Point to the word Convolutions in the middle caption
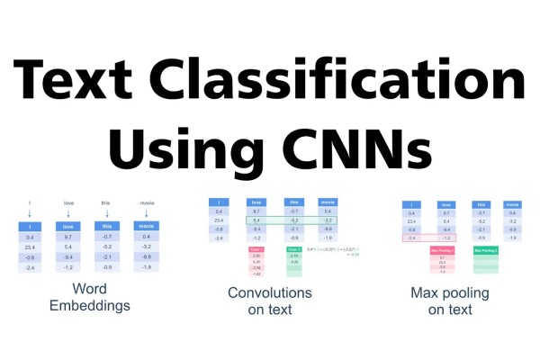click(269, 292)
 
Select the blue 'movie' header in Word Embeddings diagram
click(145, 226)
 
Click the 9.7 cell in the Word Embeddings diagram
click(67, 237)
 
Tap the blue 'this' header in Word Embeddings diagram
click(106, 226)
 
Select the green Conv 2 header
click(294, 248)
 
